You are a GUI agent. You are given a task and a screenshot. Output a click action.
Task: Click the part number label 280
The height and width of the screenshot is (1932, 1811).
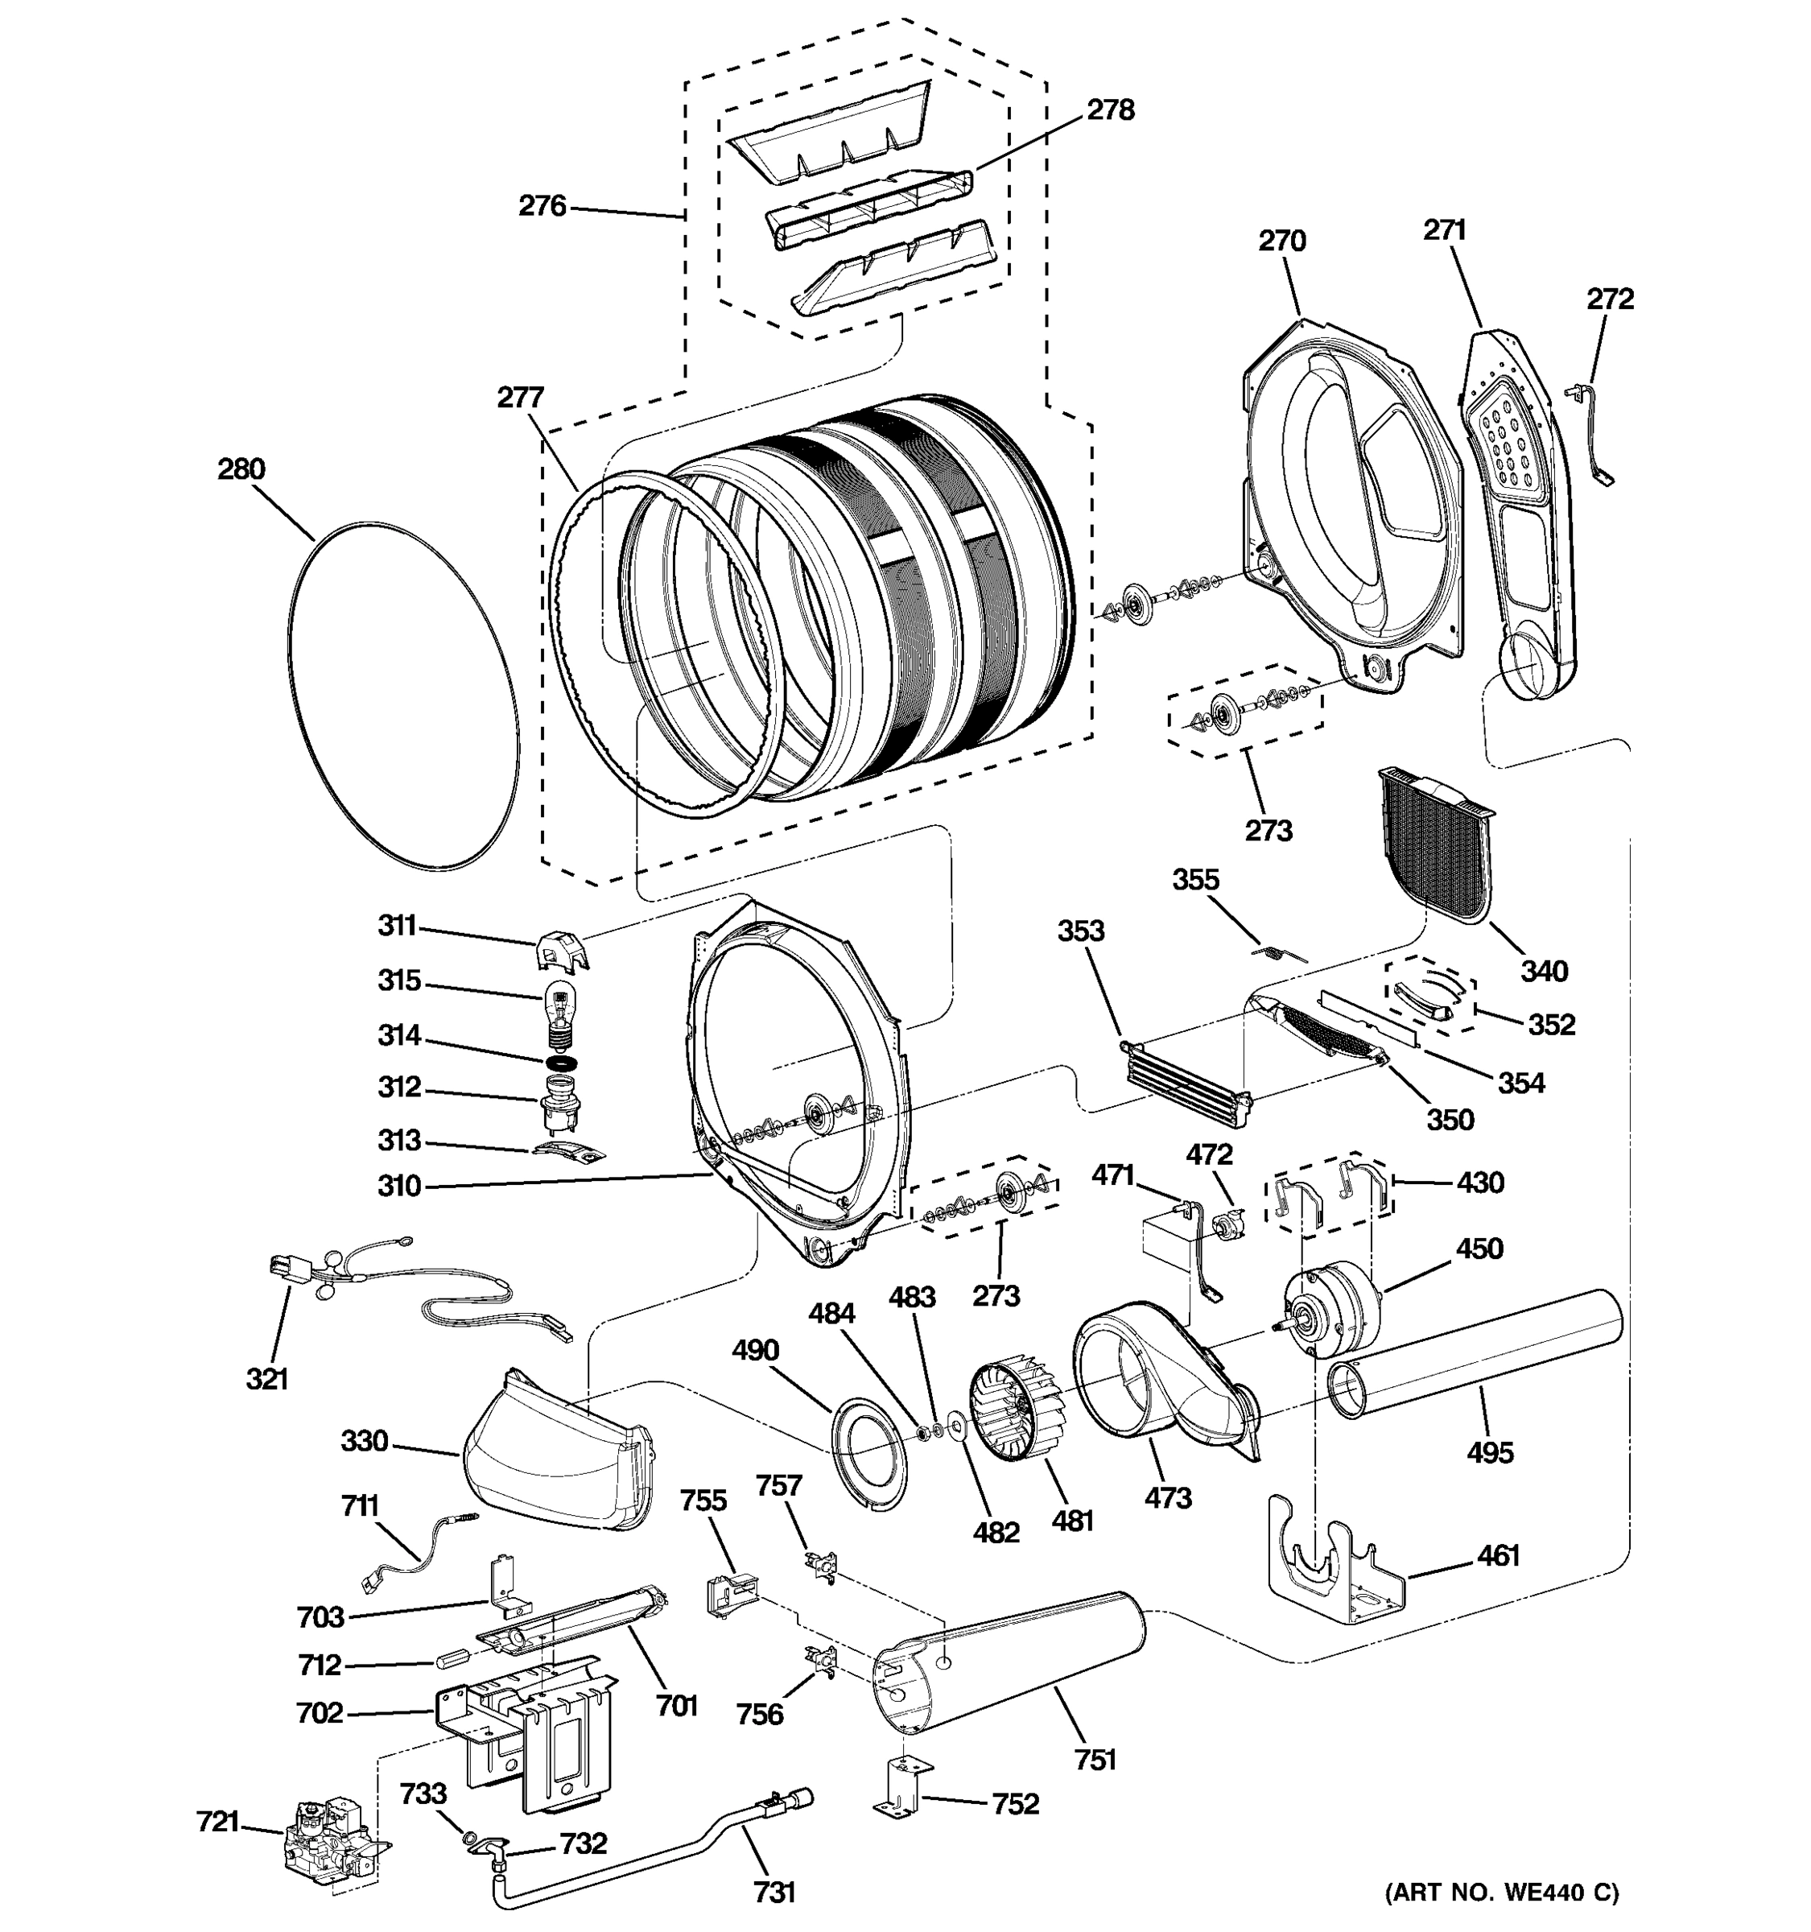coord(240,469)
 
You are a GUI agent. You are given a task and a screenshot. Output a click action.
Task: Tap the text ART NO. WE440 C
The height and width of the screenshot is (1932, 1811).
coord(1501,1891)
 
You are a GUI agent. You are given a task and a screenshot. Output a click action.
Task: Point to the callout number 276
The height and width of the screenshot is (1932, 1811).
coord(541,206)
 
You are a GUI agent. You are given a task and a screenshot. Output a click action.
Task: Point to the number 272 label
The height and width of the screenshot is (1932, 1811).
coord(1610,299)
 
